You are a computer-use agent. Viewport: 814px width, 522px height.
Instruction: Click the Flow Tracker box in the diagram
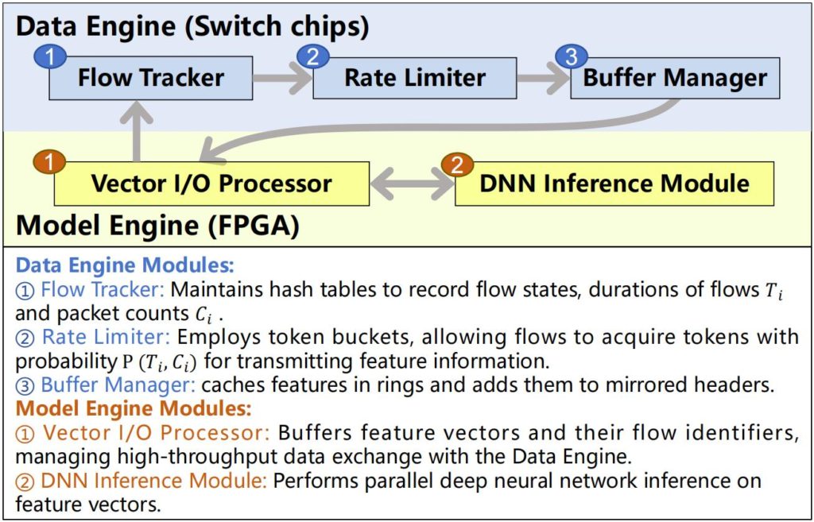150,79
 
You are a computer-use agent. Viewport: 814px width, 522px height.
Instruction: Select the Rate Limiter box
414,79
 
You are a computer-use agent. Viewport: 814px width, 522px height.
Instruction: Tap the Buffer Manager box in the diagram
675,79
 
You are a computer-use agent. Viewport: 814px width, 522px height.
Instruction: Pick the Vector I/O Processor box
211,184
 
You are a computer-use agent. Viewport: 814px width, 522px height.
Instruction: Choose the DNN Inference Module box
614,184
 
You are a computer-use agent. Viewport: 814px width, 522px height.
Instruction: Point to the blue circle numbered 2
312,56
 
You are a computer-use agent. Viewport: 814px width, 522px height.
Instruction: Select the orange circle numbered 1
50,163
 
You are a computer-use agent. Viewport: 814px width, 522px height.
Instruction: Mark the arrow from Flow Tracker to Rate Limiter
282,79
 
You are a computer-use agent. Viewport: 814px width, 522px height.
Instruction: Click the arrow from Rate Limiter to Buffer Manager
543,79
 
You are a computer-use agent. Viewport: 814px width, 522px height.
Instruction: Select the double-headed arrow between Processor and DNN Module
412,184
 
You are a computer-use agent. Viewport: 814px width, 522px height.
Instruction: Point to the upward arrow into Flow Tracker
140,130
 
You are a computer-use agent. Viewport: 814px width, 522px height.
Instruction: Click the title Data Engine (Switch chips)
192,26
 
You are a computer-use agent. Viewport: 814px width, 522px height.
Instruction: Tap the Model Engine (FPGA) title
157,226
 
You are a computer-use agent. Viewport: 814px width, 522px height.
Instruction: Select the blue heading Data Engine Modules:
125,265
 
